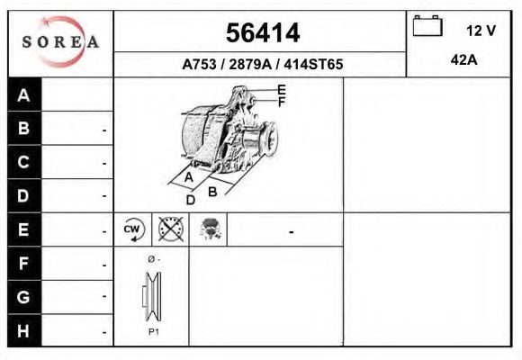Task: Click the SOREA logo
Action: tap(59, 43)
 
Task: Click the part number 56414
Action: tap(262, 33)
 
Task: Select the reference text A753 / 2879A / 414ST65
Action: tap(262, 65)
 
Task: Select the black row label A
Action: tap(24, 95)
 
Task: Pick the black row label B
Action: tap(24, 129)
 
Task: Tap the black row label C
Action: tap(24, 162)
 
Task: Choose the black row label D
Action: tap(24, 195)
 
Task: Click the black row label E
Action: tap(24, 229)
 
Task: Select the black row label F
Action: tap(24, 264)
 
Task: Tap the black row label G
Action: tap(24, 297)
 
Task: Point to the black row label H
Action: tap(24, 330)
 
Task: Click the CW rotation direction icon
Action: tap(133, 230)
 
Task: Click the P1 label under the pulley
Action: tap(154, 332)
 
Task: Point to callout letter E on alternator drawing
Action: tap(282, 89)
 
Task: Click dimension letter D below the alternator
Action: tap(190, 200)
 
